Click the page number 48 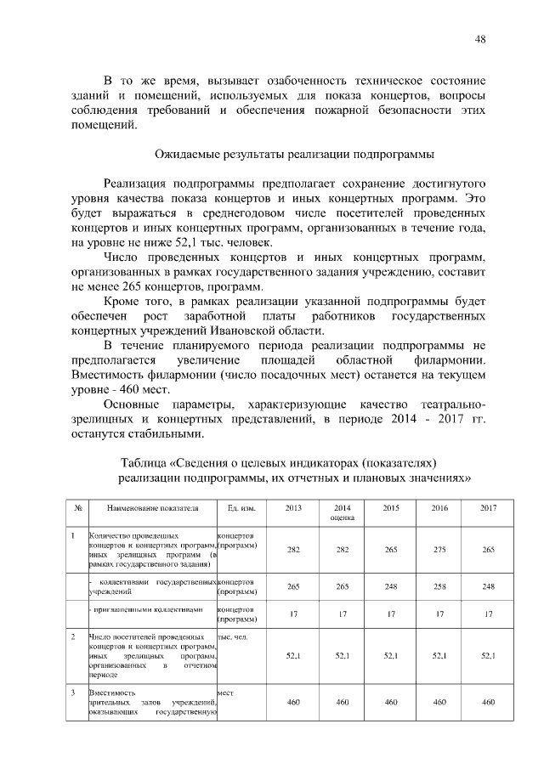point(480,39)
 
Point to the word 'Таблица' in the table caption point(145,462)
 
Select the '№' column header point(77,507)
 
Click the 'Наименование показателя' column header point(152,507)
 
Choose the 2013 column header point(293,507)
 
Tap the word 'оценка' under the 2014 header point(343,517)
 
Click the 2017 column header point(489,507)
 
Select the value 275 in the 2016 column point(439,550)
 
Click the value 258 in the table point(439,586)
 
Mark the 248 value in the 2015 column point(391,586)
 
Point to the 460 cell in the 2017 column point(489,702)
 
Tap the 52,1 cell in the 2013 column point(293,655)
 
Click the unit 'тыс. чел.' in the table point(232,636)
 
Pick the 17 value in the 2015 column point(391,614)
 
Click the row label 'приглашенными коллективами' point(149,609)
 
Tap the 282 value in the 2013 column point(293,550)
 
